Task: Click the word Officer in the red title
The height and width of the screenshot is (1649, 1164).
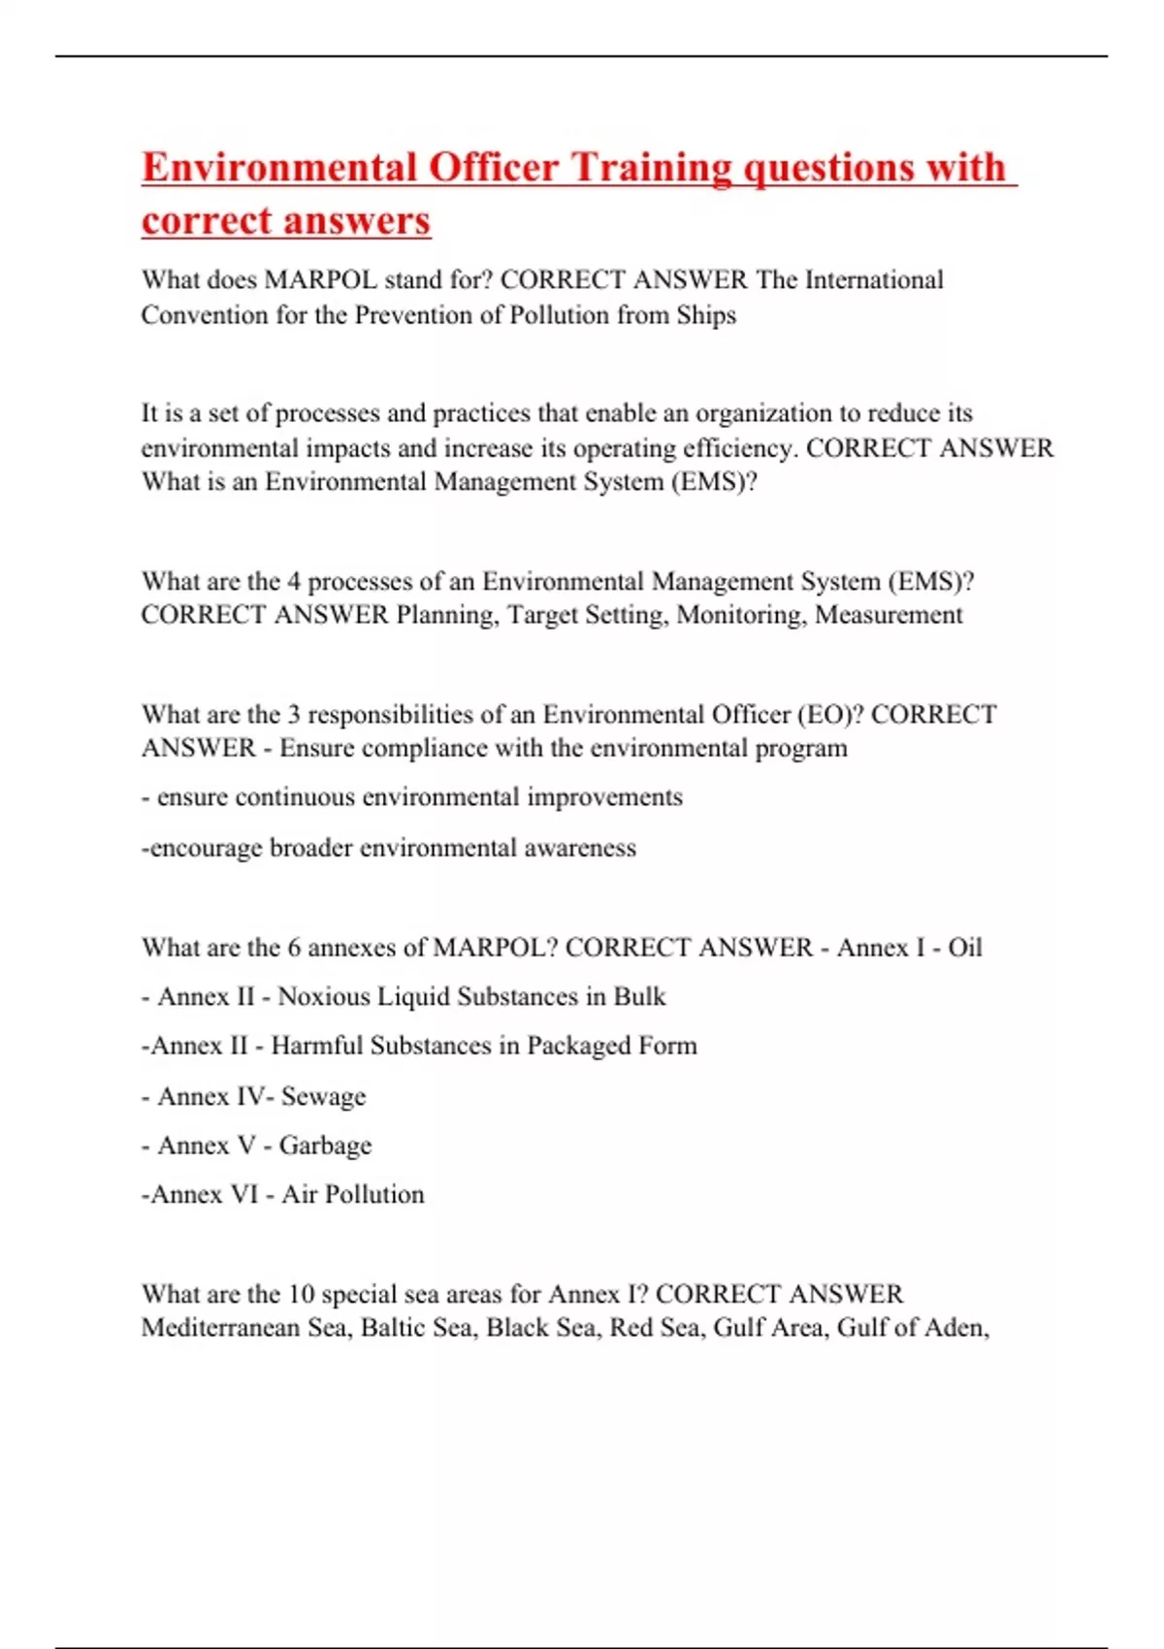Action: click(494, 168)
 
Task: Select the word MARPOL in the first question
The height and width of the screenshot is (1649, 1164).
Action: click(321, 280)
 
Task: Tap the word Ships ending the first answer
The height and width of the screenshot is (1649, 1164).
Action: click(706, 315)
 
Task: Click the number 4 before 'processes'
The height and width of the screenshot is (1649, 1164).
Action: click(294, 581)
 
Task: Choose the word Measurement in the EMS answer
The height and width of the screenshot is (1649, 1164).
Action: click(889, 615)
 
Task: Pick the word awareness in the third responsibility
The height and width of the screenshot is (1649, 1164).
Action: click(580, 848)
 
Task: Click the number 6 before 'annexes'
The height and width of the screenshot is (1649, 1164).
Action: click(294, 948)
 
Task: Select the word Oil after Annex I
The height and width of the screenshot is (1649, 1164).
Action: click(964, 948)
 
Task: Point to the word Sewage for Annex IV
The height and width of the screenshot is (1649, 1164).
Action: click(323, 1097)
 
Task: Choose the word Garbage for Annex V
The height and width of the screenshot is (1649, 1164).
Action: click(325, 1146)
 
